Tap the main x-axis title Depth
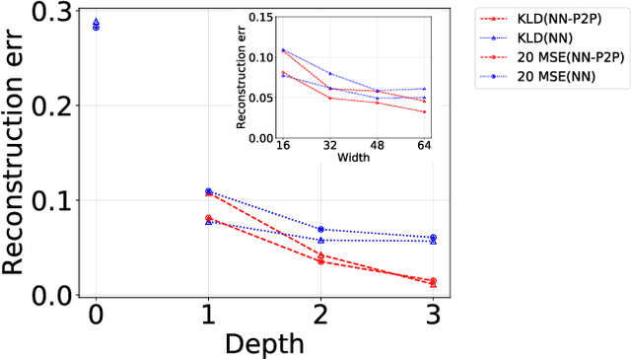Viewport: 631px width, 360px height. pyautogui.click(x=264, y=343)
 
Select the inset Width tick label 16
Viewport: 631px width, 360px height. pyautogui.click(x=284, y=146)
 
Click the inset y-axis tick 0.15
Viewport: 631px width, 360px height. pyautogui.click(x=260, y=17)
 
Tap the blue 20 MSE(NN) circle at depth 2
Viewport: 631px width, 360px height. pyautogui.click(x=321, y=229)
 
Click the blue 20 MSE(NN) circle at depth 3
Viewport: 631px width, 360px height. pyautogui.click(x=434, y=238)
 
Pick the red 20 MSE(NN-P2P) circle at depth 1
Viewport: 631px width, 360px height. pyautogui.click(x=208, y=218)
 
